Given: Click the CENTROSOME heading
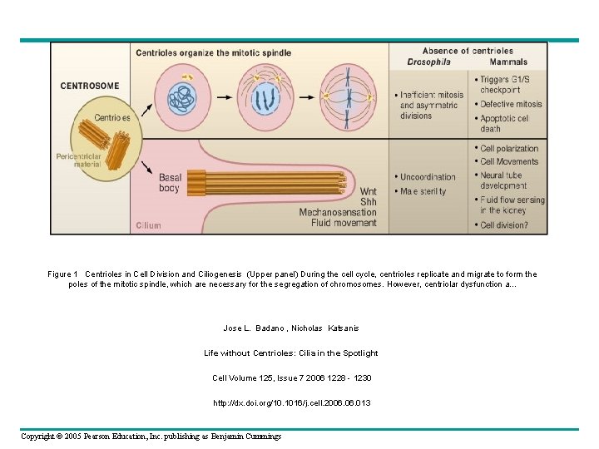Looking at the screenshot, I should coord(90,86).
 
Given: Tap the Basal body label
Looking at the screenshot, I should coord(170,183).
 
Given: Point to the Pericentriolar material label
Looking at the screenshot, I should coord(78,160).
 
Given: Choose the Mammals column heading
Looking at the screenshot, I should coord(507,62).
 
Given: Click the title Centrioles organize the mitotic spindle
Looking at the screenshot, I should coord(214,53).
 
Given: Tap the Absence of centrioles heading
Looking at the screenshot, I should coord(468,51).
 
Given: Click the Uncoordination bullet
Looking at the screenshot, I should coord(428,177).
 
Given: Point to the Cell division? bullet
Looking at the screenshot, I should coord(503,225).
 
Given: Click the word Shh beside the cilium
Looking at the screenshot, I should coord(368,202).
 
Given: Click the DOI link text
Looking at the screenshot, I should coord(291,402).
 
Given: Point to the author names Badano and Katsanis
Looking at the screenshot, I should coord(290,328).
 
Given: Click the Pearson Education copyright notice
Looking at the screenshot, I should coord(151,437).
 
